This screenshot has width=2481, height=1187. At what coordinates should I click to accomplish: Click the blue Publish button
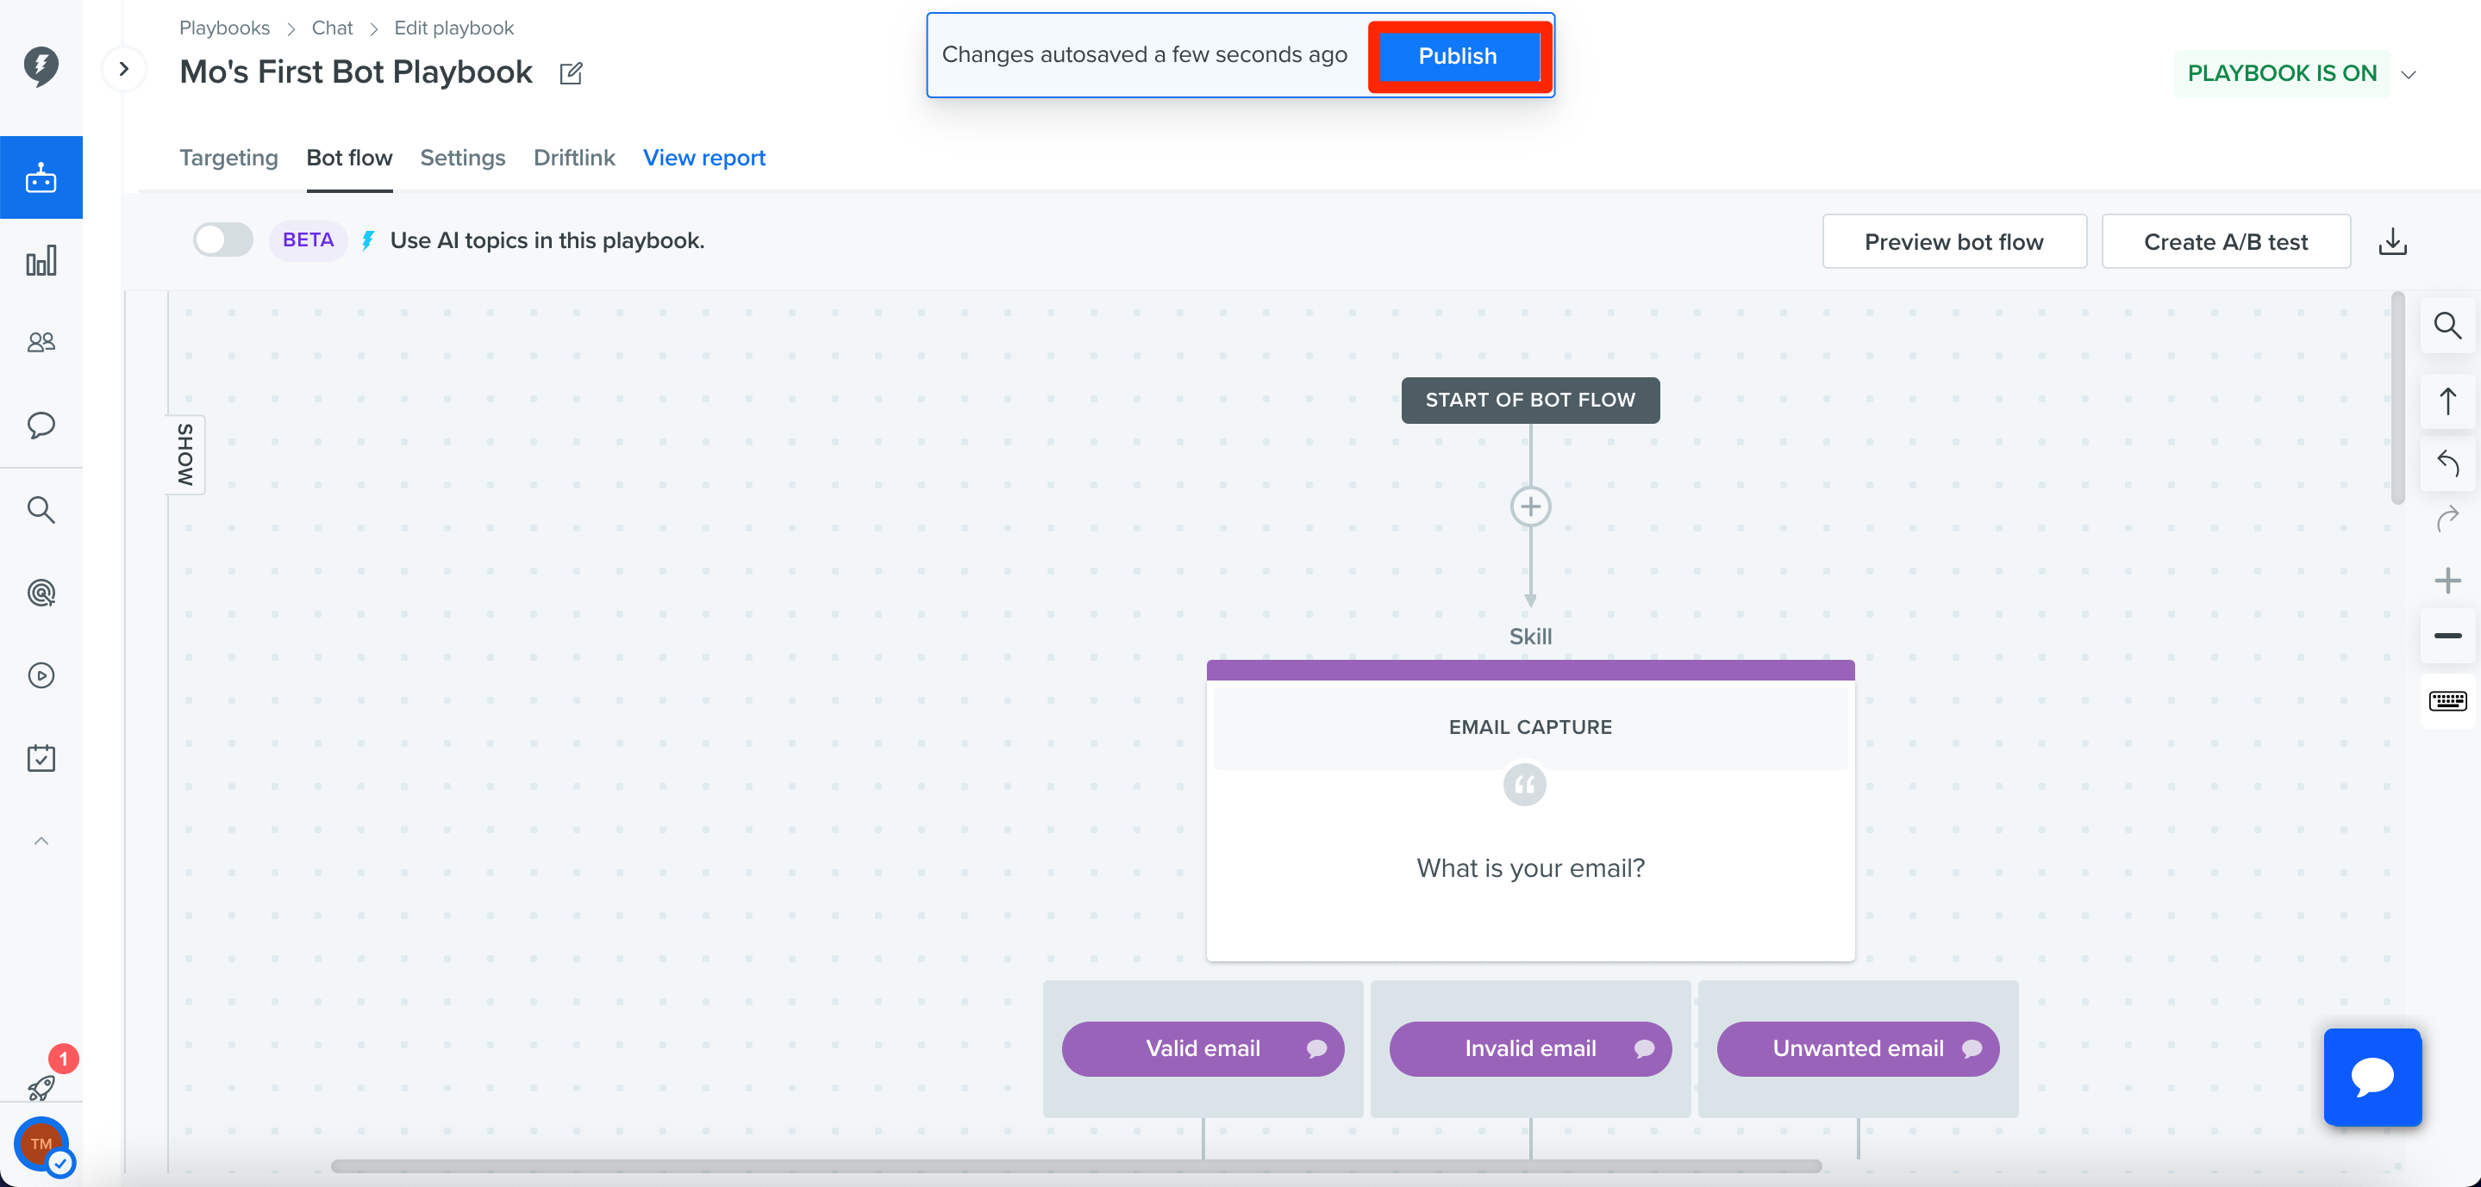click(1458, 56)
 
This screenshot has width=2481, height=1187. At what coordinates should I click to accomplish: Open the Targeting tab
click(228, 157)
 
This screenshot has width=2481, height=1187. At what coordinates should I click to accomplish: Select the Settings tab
click(462, 157)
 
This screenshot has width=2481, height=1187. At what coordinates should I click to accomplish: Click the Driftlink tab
click(574, 157)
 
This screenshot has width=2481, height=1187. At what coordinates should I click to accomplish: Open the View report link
click(704, 157)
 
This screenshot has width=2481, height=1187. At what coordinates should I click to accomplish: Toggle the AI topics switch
click(223, 239)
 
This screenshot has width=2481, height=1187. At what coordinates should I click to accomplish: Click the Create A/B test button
click(2226, 242)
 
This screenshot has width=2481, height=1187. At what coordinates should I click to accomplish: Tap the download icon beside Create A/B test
click(2392, 242)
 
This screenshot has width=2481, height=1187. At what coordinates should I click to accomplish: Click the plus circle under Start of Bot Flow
click(1530, 506)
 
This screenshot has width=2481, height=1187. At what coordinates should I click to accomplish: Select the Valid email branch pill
click(1203, 1048)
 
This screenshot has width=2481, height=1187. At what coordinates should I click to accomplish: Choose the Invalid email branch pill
click(1530, 1048)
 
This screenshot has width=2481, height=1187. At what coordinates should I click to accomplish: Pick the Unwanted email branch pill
click(1858, 1048)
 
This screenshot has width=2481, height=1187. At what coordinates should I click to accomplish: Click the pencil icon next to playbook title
click(572, 73)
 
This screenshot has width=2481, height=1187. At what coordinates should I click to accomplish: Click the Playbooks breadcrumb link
click(224, 28)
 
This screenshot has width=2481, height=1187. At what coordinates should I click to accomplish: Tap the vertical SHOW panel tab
click(185, 455)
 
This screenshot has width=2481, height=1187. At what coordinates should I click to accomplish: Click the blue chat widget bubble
click(2372, 1076)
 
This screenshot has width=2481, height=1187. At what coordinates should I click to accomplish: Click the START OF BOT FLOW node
click(1530, 400)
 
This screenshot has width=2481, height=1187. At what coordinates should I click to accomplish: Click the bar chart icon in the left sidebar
click(41, 261)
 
